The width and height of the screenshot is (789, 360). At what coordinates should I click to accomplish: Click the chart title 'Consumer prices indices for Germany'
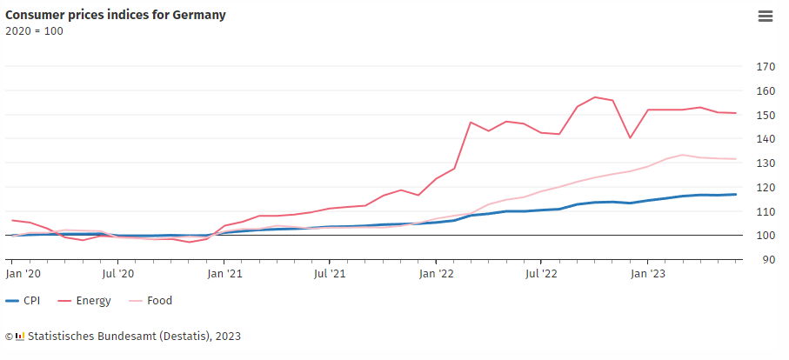coord(116,15)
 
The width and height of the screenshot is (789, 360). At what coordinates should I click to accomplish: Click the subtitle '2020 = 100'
coord(34,31)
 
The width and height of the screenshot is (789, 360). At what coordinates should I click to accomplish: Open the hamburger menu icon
coord(766,16)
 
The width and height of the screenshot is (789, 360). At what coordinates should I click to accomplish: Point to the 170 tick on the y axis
coord(766,67)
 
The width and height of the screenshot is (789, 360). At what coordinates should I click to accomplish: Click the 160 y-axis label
coord(766,91)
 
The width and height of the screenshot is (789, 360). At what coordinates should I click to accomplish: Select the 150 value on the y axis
coord(766,116)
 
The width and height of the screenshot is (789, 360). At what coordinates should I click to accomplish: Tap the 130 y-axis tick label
coord(766,163)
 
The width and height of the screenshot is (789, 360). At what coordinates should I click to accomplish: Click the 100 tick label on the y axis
coord(766,236)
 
